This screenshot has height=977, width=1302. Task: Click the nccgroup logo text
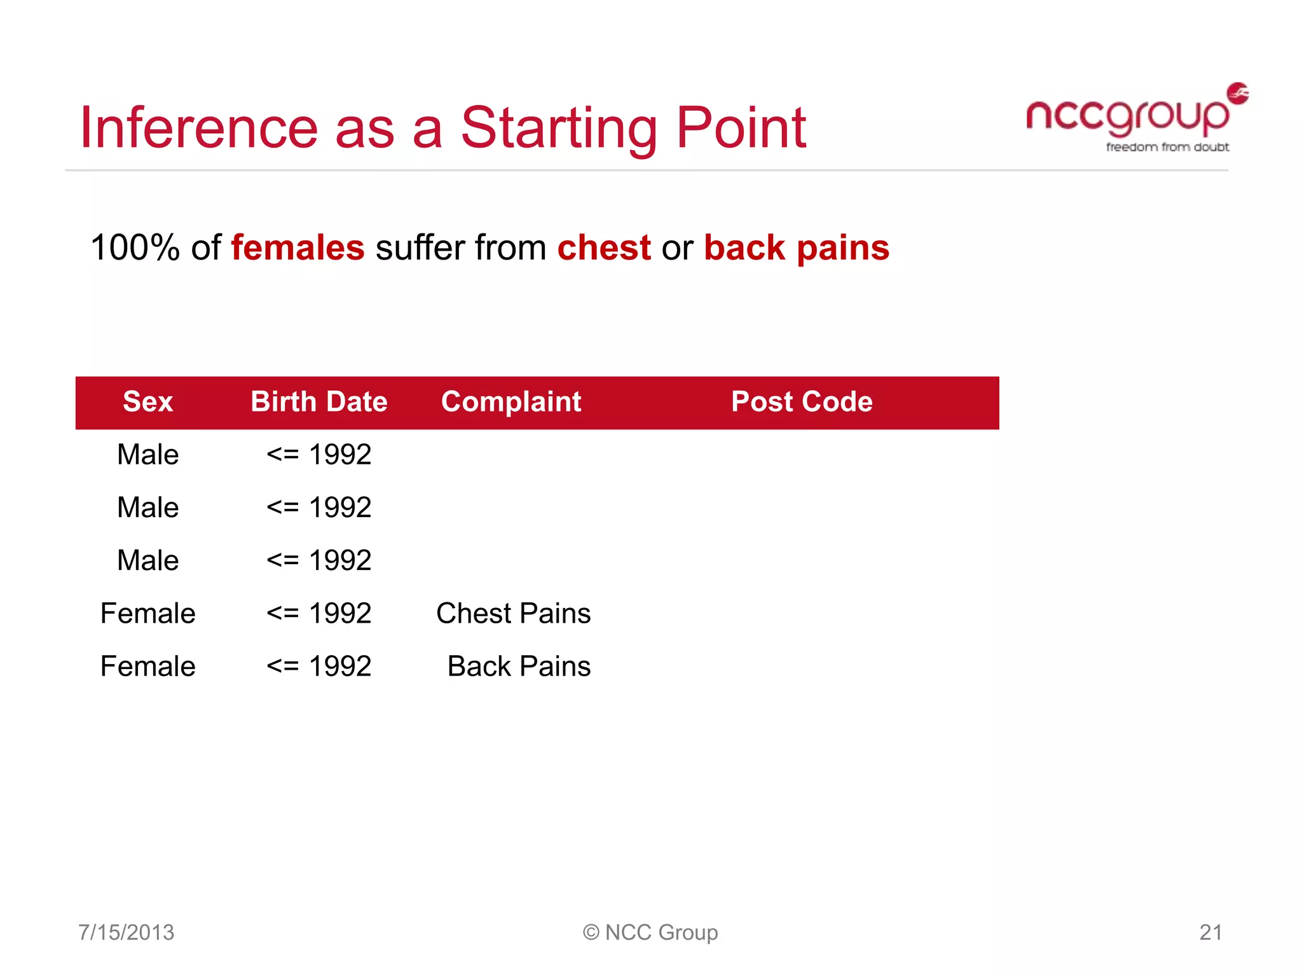pos(1127,117)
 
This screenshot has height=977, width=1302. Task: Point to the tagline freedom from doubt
pos(1167,147)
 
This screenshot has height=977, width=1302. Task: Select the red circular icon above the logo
pos(1237,93)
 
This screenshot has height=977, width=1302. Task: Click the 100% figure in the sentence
pos(135,247)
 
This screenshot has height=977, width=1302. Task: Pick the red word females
pos(298,247)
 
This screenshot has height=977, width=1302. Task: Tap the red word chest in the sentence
pos(604,247)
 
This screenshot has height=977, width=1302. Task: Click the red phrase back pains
pos(797,247)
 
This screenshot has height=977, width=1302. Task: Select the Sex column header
pos(147,402)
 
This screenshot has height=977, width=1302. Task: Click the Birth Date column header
pos(319,402)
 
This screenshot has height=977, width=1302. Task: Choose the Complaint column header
pos(511,402)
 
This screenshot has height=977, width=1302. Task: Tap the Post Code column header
pos(802,402)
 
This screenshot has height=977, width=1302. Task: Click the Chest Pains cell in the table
pos(513,614)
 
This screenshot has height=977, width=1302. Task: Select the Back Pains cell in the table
pos(519,667)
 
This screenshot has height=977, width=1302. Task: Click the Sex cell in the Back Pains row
pos(147,667)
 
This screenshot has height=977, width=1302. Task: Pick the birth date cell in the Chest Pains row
pos(319,614)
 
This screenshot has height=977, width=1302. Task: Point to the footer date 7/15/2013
pos(126,932)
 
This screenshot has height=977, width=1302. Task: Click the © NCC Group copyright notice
pos(650,932)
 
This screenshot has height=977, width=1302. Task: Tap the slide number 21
pos(1210,932)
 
